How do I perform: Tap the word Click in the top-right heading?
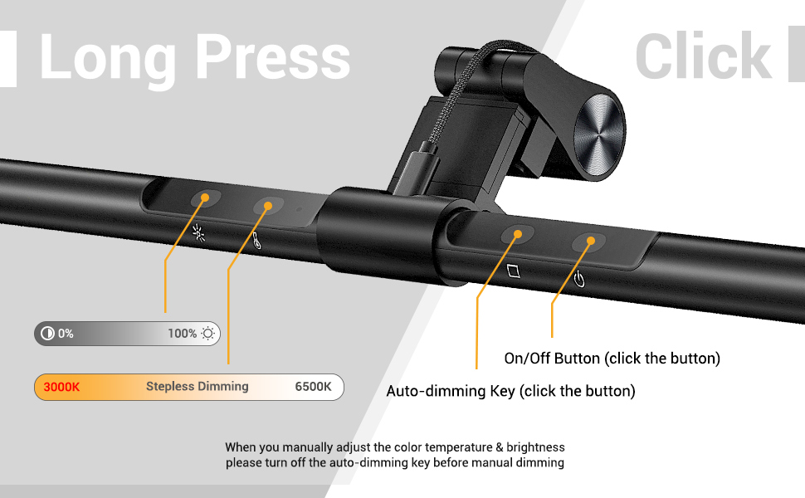(704, 57)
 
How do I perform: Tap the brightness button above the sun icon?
(204, 198)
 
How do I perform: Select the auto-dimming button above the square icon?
(517, 235)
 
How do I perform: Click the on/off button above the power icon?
(589, 242)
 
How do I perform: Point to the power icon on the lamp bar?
(579, 279)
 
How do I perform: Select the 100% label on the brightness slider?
(182, 334)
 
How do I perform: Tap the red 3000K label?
(61, 387)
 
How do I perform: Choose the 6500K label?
(313, 387)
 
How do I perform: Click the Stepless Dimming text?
(197, 387)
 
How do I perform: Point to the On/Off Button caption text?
(612, 359)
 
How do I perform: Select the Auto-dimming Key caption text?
(510, 391)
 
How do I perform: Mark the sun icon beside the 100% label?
(207, 334)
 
